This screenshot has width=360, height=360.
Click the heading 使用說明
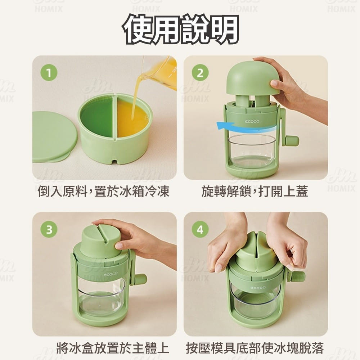tap(180, 29)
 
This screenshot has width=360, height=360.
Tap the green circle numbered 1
tap(49, 73)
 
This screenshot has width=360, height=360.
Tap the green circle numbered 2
tap(200, 73)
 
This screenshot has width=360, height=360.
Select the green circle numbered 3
tap(49, 229)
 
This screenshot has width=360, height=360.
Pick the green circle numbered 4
tap(200, 229)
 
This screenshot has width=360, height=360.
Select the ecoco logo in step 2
tap(252, 121)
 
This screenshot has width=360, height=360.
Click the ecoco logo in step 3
tap(111, 274)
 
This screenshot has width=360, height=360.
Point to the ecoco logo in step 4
tap(258, 287)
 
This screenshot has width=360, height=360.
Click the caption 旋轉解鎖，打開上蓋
tap(255, 191)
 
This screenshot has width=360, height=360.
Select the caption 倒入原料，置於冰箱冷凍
tap(103, 191)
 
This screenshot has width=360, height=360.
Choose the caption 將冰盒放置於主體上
tap(113, 348)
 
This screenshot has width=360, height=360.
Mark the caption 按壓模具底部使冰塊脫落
tap(255, 348)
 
